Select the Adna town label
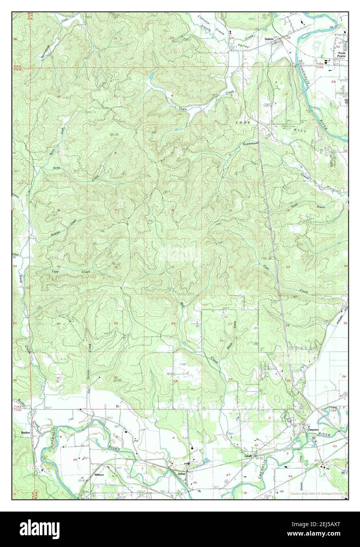click(181, 475)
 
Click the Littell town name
click(248, 456)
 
